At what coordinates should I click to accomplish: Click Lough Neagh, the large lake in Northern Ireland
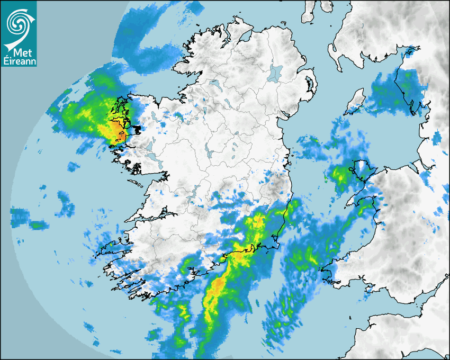coord(275,73)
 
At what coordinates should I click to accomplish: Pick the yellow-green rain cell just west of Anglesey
coord(339,174)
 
